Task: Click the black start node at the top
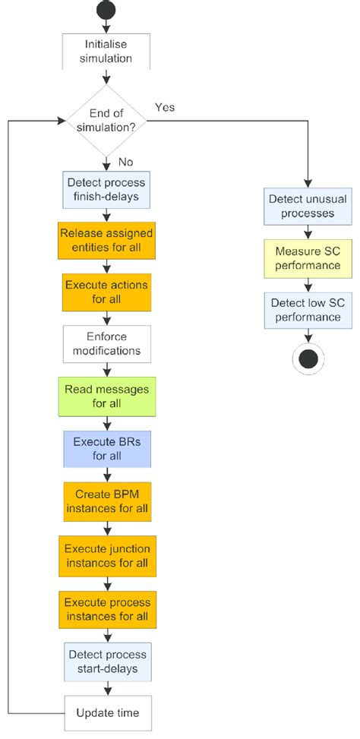pos(106,11)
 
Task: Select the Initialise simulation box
pos(106,51)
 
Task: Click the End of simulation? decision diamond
pos(106,120)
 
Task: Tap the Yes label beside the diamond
pos(165,107)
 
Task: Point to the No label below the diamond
pos(126,161)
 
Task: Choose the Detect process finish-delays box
pos(106,190)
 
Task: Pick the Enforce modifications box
pos(106,345)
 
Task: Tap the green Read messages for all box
pos(106,396)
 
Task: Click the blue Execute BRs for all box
pos(106,449)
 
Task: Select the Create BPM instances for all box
pos(106,501)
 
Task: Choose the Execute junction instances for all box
pos(106,554)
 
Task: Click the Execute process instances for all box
pos(106,608)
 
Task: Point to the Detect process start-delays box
pos(106,662)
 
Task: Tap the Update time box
pos(106,713)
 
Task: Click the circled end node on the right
pos(307,357)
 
